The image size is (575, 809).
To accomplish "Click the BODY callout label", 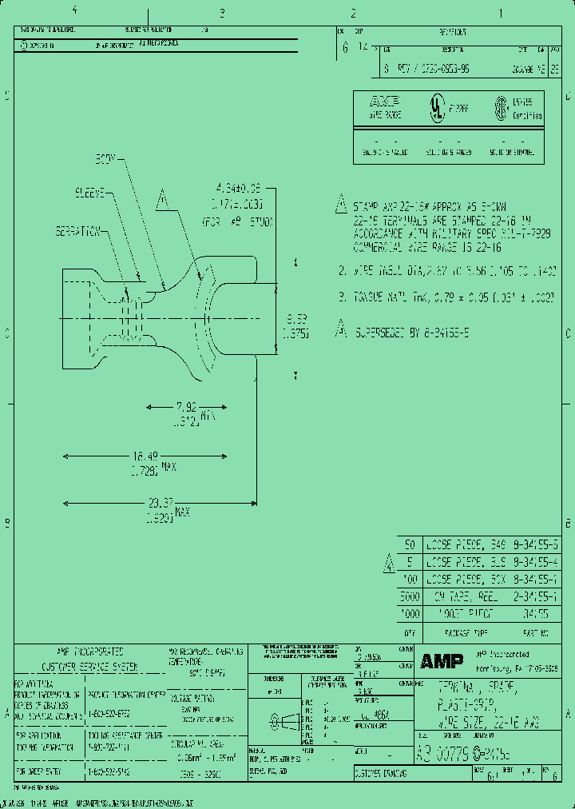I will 106,159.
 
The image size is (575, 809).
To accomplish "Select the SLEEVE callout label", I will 91,193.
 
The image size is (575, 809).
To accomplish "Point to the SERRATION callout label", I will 78,231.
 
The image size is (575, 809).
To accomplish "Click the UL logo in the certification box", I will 437,110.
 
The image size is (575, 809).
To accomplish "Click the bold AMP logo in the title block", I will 436,660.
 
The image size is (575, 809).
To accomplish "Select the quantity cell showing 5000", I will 408,596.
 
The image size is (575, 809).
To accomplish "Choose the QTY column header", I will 409,632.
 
